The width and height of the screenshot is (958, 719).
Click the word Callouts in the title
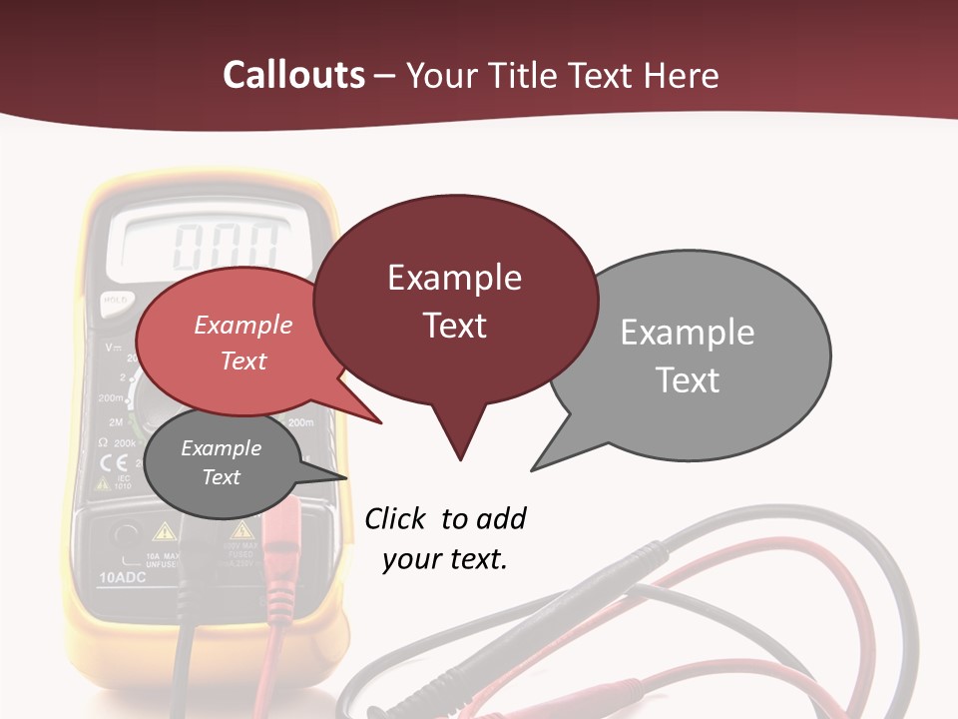pos(294,75)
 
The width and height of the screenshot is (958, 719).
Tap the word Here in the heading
pos(683,75)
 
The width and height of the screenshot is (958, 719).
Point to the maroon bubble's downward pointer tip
pos(460,458)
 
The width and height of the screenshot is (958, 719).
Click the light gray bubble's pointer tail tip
pos(534,468)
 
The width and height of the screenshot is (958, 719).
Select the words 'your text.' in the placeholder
pos(445,559)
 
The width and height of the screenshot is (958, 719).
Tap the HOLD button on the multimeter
pos(114,299)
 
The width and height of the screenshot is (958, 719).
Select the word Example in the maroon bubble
pos(454,278)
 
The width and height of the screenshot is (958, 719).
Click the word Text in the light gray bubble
pos(688,380)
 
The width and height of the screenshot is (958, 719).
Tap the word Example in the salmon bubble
pos(243,325)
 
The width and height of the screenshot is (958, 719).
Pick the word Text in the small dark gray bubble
pos(222,477)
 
